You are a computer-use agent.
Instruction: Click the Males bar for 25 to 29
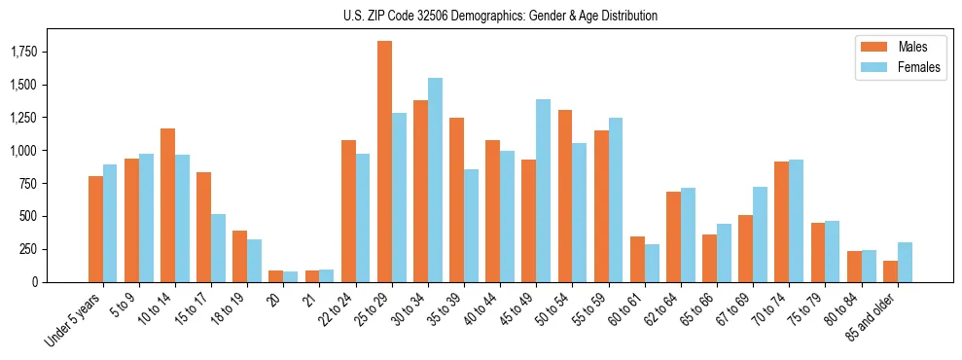pyautogui.click(x=384, y=162)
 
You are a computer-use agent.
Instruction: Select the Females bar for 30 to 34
pyautogui.click(x=435, y=180)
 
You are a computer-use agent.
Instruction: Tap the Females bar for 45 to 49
pyautogui.click(x=544, y=191)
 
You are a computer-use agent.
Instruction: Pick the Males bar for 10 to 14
pyautogui.click(x=167, y=205)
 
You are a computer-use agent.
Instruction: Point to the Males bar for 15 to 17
pyautogui.click(x=203, y=227)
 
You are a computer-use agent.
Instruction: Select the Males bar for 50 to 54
pyautogui.click(x=565, y=196)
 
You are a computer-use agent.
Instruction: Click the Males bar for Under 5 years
pyautogui.click(x=95, y=229)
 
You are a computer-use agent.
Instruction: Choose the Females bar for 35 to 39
pyautogui.click(x=471, y=226)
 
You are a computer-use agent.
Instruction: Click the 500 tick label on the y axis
pyautogui.click(x=51, y=216)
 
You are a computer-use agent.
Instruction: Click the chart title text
pyautogui.click(x=500, y=16)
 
